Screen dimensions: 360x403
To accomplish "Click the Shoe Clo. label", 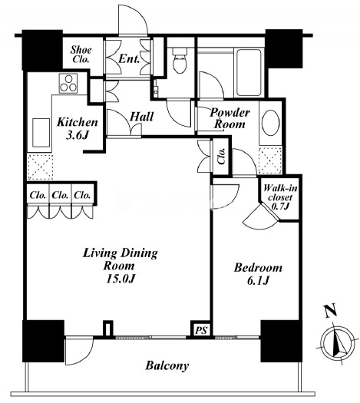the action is pos(81,55).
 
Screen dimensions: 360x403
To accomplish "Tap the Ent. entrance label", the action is pos(129,59).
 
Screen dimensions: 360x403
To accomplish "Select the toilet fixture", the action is pos(180,60).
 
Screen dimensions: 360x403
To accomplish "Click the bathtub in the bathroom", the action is pos(249,72).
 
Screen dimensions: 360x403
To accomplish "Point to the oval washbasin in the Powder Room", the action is pos(271,123).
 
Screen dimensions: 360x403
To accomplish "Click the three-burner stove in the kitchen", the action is pos(68,83).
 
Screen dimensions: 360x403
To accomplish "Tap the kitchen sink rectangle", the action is pos(41,133).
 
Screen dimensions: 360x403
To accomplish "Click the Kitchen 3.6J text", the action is pos(77,128).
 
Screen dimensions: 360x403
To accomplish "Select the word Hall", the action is pos(141,117).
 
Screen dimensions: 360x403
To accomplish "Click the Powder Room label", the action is pos(230,118).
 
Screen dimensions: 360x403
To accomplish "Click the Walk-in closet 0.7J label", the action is pos(280,197).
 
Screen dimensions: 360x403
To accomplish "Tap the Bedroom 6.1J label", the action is pos(258,274).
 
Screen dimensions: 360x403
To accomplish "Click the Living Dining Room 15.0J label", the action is pos(120,266).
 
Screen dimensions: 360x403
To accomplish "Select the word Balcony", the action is pos(167,365).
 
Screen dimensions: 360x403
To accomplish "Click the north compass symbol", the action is pos(338,341).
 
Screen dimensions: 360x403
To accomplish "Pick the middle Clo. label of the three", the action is pos(60,195).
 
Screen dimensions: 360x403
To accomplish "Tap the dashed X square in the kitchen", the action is pos(40,167).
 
